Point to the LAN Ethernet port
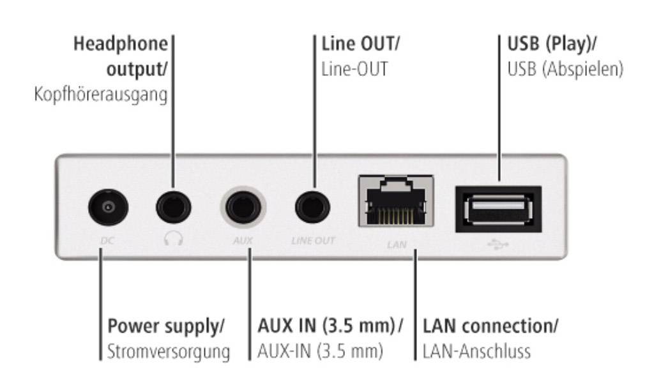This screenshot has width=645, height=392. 396,200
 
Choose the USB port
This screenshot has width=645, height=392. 498,208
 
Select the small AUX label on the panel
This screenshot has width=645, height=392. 243,242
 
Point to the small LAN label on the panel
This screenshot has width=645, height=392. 397,244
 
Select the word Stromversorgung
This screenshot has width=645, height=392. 169,352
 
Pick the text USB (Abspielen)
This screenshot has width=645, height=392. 565,68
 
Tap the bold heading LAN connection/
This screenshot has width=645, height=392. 490,326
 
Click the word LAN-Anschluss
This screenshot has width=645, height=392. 477,352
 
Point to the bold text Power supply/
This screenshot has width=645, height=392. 166,326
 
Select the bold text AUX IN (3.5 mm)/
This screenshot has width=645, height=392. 331,326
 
